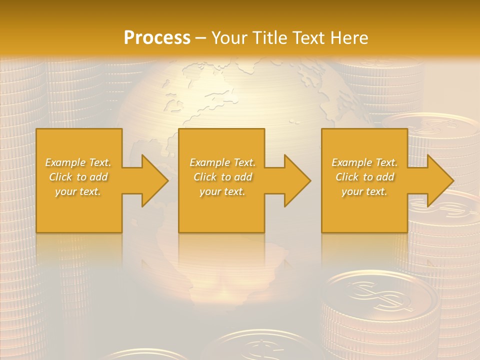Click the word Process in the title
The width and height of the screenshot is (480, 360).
pos(157,37)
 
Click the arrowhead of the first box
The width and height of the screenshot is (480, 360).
pos(154,180)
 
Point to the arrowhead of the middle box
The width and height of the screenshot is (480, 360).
pos(297,180)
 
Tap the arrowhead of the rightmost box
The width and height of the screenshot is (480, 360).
pos(440,180)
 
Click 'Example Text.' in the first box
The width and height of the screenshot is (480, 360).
pos(78,162)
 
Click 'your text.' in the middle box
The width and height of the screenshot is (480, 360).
pos(222,191)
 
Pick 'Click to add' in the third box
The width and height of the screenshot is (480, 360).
pos(364,177)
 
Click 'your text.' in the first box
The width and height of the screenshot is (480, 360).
pos(78,191)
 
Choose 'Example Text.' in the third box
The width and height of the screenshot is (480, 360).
pos(364,162)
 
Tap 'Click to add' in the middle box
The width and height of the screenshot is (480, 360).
pos(222,177)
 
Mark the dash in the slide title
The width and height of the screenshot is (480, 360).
pos(201,38)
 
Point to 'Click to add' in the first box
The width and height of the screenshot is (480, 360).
pos(78,177)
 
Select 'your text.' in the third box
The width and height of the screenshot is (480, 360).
pos(364,191)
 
